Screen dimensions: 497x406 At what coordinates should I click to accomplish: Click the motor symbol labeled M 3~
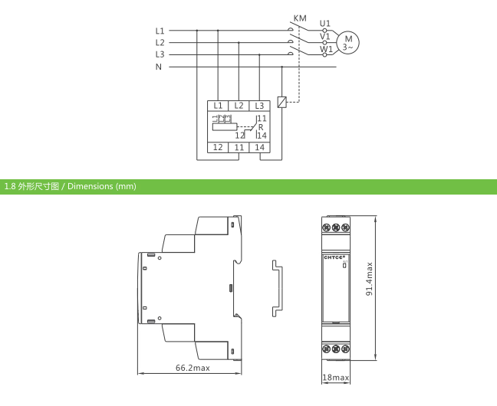(347, 43)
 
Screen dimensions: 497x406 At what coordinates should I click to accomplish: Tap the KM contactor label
(300, 18)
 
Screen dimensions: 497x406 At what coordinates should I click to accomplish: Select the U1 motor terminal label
(325, 23)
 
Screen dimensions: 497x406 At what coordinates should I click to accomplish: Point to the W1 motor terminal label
(326, 49)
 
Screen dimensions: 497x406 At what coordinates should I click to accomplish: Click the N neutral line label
(159, 67)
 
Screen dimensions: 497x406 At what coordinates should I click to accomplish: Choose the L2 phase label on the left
(160, 42)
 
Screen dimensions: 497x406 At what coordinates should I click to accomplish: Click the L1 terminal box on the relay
(218, 106)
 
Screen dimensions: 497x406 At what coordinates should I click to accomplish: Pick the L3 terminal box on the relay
(259, 106)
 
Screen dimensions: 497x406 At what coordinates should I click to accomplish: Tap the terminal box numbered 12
(218, 147)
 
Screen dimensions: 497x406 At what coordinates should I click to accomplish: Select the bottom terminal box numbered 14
(259, 147)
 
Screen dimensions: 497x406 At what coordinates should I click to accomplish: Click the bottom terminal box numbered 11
(239, 147)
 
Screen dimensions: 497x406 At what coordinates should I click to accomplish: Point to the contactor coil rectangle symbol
(281, 102)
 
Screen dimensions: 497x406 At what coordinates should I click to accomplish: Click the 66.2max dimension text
(193, 368)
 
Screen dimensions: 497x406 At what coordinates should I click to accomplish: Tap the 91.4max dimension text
(369, 279)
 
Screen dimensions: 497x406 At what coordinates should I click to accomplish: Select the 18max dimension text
(336, 378)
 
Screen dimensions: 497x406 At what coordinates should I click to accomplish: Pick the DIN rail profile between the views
(278, 288)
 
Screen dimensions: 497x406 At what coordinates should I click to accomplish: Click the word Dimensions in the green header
(90, 186)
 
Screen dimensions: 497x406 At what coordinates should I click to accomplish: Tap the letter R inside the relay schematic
(261, 127)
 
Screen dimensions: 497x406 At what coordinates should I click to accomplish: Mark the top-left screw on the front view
(327, 227)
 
